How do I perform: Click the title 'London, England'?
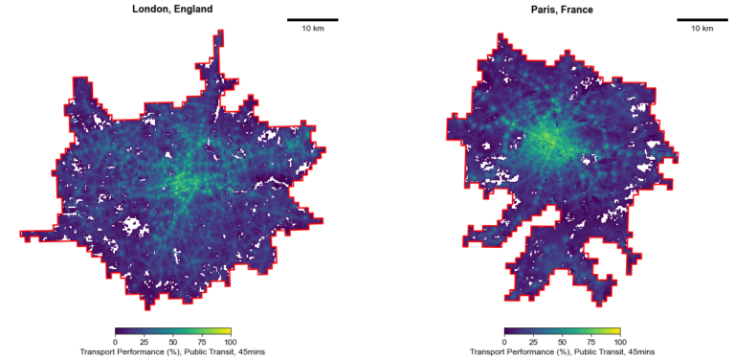172,9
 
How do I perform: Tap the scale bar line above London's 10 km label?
312,19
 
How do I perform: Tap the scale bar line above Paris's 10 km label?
702,19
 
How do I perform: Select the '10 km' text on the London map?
312,29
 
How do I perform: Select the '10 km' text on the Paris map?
702,29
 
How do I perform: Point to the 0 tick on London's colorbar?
115,342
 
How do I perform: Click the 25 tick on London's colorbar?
144,342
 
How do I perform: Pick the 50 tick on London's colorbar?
172,342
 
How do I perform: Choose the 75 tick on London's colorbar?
201,342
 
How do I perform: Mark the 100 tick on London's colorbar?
230,342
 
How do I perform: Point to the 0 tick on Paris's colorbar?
504,342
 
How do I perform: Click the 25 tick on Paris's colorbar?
533,342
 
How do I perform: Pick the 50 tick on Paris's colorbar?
562,342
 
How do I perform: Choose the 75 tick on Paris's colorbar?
590,342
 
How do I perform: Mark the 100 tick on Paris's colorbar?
619,342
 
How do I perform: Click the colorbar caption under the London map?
172,352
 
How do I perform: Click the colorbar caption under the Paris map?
562,352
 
